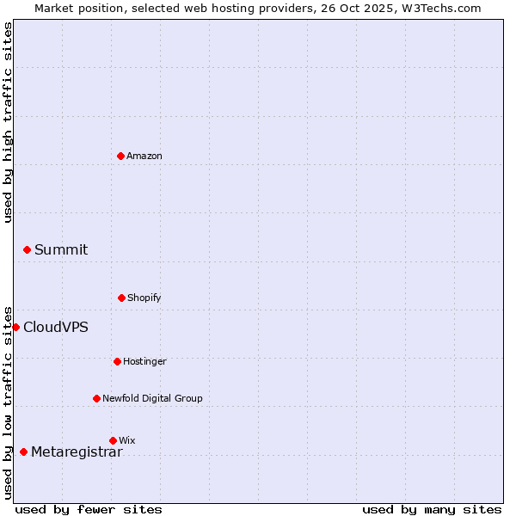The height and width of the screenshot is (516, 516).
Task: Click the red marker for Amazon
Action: click(x=120, y=156)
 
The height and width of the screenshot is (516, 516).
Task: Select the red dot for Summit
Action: click(x=27, y=249)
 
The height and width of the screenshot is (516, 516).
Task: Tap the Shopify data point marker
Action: click(x=121, y=298)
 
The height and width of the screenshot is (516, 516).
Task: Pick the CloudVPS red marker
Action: click(x=15, y=327)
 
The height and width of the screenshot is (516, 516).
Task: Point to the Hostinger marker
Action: click(x=117, y=361)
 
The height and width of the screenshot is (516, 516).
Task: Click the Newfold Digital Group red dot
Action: click(x=96, y=398)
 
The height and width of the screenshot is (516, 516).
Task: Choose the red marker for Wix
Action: click(x=113, y=440)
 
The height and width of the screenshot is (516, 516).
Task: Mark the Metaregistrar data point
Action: click(x=23, y=451)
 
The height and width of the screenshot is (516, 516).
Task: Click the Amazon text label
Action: click(x=144, y=156)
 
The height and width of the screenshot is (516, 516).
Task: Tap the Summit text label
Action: click(x=61, y=249)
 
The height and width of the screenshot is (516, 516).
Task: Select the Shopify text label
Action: click(x=144, y=298)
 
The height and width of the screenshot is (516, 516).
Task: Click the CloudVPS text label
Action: click(x=56, y=327)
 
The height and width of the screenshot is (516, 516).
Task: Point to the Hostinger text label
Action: click(x=144, y=361)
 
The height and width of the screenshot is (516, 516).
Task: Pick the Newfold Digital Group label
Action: click(x=152, y=398)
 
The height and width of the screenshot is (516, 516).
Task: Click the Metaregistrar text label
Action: click(x=77, y=451)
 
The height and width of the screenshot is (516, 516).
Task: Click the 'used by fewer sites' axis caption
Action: click(x=89, y=509)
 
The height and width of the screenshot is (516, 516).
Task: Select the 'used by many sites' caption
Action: click(x=432, y=509)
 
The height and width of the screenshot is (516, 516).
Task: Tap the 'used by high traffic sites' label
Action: click(x=8, y=122)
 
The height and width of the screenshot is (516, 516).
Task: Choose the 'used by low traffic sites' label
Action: click(x=8, y=402)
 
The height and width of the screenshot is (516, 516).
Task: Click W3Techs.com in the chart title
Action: click(x=439, y=8)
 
